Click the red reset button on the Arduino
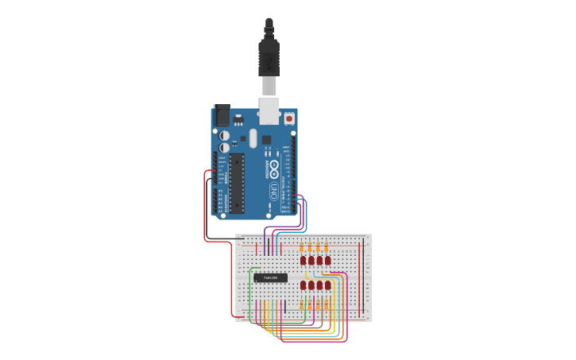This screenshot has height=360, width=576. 289,118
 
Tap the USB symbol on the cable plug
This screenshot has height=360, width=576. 269,60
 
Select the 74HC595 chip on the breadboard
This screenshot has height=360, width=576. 271,277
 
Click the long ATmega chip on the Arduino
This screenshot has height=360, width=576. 238,182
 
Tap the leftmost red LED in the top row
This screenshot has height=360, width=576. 303,260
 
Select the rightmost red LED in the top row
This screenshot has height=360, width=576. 327,260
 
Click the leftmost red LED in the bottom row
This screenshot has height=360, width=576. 303,285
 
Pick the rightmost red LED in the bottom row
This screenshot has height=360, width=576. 327,285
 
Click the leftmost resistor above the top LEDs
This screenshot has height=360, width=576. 302,247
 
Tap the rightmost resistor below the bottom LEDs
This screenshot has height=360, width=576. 327,304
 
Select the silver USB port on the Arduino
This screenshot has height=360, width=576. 269,112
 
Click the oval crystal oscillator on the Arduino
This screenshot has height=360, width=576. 253,138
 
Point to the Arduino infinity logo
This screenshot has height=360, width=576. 274,168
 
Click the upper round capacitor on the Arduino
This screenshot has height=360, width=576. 225,136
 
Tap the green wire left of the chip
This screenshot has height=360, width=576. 251,294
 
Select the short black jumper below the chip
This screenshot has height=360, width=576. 284,307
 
